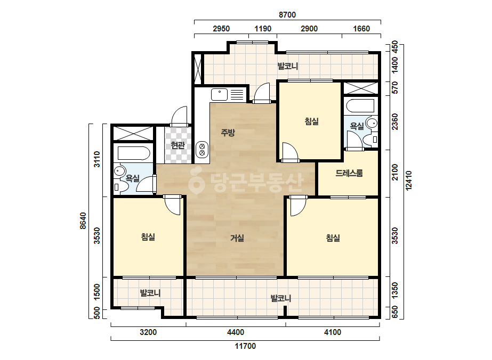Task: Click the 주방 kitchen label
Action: coord(228,133)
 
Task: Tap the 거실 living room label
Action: coord(237,238)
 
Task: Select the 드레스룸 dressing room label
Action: coord(349,173)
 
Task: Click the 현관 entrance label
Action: coord(178,145)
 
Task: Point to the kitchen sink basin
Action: coord(219,94)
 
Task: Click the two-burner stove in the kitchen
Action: coord(202,149)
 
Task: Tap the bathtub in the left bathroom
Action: coord(134,154)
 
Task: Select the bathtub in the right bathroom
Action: coord(360,105)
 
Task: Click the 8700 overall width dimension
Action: coord(287,15)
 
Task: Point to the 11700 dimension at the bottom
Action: coord(245,346)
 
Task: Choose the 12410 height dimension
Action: coord(408,181)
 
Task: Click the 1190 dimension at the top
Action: coord(263,29)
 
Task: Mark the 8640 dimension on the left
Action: coord(83,221)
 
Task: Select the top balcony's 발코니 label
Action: coord(287,66)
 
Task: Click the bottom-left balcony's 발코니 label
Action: coord(150,293)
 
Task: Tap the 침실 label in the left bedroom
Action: coord(148,237)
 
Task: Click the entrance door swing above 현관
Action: coord(180,116)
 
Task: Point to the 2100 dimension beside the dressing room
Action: coord(395,172)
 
